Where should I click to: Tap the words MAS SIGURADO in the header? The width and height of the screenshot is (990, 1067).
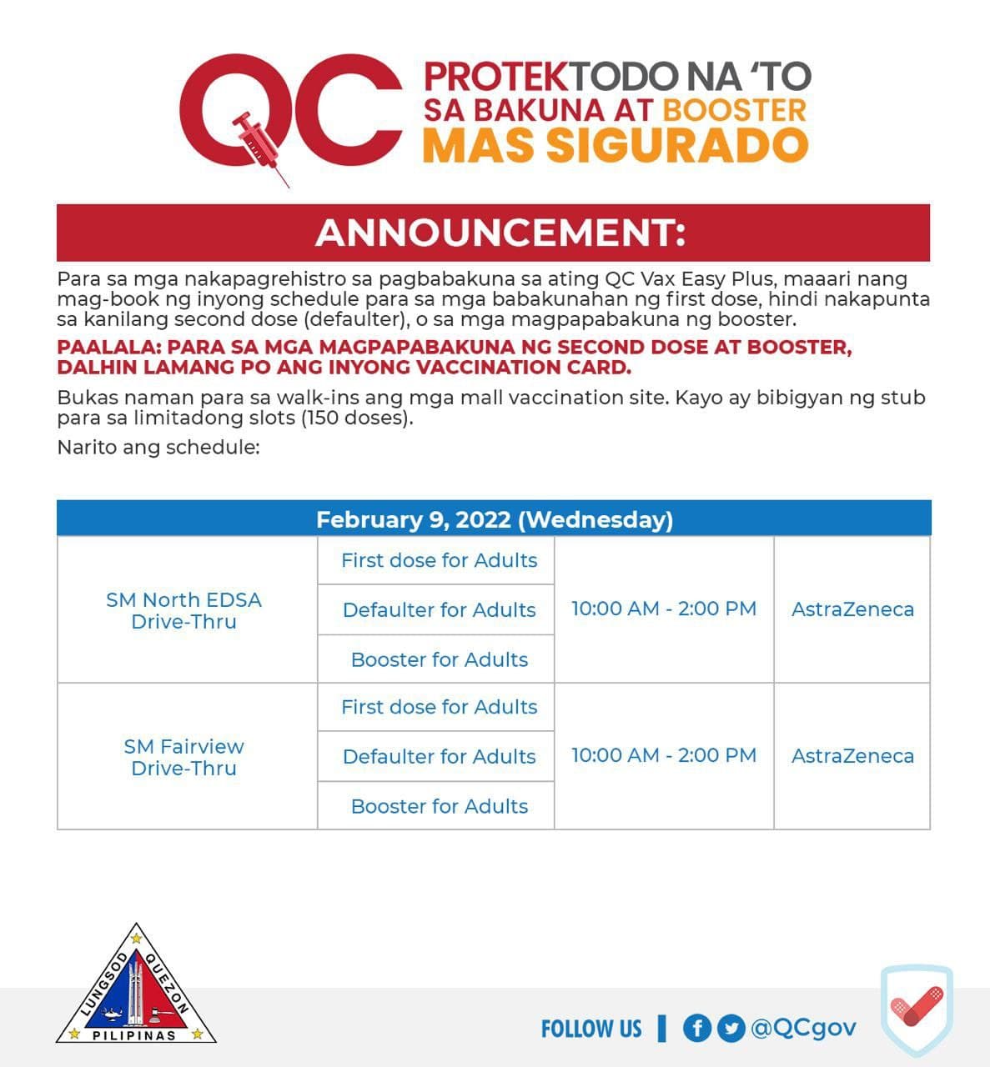[615, 143]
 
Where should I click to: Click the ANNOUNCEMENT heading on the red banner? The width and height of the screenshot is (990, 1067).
[500, 233]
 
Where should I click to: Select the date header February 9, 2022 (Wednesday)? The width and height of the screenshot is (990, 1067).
[494, 519]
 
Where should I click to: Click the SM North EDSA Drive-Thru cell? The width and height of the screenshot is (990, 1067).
[183, 610]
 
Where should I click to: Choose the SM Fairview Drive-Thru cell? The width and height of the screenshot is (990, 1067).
[183, 757]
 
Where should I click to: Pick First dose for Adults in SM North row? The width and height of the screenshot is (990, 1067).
[439, 560]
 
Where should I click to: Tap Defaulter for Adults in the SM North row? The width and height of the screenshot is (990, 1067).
[439, 609]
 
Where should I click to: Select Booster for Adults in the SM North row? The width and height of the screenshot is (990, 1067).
[439, 659]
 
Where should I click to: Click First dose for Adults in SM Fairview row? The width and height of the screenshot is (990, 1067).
[439, 707]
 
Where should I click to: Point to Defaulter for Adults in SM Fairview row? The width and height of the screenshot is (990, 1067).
[439, 756]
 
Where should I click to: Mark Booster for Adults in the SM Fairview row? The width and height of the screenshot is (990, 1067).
[439, 806]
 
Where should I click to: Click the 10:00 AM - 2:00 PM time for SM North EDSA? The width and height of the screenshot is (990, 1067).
[664, 609]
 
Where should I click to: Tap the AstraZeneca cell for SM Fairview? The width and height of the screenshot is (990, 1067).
[852, 756]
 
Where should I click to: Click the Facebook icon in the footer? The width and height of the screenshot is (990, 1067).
[696, 1028]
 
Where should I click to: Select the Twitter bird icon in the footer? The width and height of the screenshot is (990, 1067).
[731, 1028]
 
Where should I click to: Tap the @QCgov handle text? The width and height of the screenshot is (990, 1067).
[803, 1028]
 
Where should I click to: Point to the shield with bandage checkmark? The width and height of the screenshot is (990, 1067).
[916, 1011]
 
